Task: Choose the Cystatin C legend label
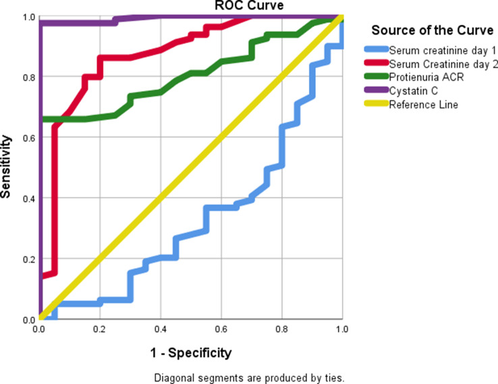tap(412, 91)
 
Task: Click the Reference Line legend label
tap(423, 105)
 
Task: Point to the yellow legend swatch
tap(375, 105)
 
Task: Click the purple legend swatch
tap(375, 91)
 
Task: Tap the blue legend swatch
tap(375, 51)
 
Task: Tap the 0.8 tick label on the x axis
tap(282, 330)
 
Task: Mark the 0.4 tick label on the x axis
tap(161, 330)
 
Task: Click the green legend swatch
tap(375, 78)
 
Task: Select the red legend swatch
tap(375, 64)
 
